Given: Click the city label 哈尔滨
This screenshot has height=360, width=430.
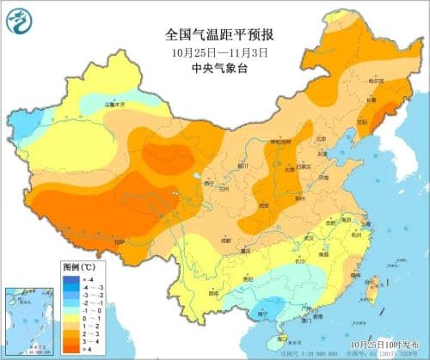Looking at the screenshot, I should pyautogui.click(x=374, y=82).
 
